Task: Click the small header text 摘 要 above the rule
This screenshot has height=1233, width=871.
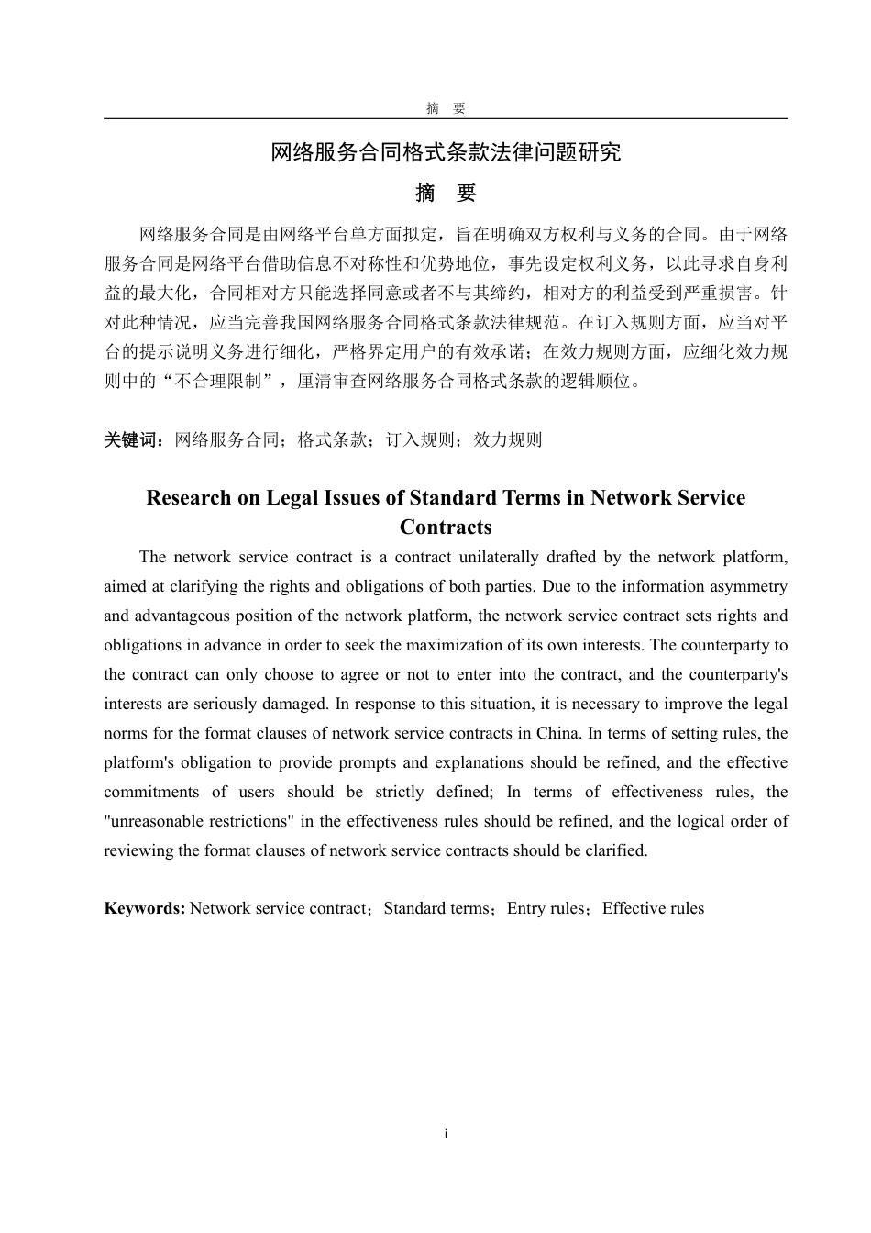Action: (x=446, y=108)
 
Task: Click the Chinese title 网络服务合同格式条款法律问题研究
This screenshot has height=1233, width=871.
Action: (x=446, y=152)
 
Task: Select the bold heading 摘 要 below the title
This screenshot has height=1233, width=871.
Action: (x=446, y=194)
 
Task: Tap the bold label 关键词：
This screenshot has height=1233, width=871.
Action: (x=138, y=439)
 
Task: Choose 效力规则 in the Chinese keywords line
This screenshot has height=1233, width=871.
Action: (x=508, y=439)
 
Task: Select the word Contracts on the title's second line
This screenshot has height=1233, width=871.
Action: (x=446, y=528)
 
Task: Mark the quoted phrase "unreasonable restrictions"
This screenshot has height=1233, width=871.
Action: (x=199, y=821)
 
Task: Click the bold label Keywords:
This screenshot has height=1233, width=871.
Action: (x=145, y=908)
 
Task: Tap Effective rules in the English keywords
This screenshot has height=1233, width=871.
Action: (x=653, y=908)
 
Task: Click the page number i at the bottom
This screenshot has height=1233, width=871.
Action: (x=446, y=1134)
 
